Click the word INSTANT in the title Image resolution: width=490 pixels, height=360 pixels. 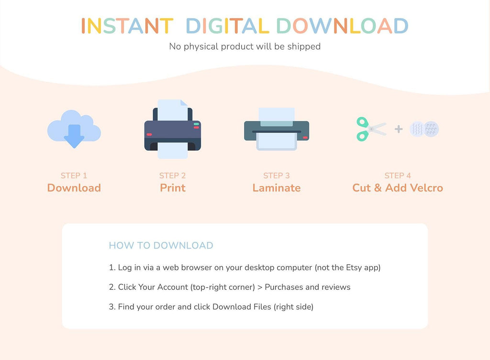[127, 26]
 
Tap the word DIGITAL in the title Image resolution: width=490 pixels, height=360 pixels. [227, 26]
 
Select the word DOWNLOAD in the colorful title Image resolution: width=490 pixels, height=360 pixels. [342, 26]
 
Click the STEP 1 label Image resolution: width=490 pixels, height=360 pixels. [74, 175]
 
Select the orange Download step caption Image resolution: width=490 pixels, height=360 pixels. [74, 188]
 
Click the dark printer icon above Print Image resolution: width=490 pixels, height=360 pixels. [172, 129]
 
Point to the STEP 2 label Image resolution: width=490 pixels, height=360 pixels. [172, 175]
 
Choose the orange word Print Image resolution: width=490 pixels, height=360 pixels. [173, 188]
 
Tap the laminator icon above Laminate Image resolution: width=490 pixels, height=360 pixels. [277, 129]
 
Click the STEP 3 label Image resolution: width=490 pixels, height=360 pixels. [277, 175]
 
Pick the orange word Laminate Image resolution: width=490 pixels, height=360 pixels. [277, 188]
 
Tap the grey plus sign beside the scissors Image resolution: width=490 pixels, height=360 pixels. [399, 129]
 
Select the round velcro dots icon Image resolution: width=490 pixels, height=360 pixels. [424, 129]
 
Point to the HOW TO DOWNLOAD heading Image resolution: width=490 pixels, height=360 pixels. [161, 245]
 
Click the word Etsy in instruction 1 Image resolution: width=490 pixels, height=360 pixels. [354, 268]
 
